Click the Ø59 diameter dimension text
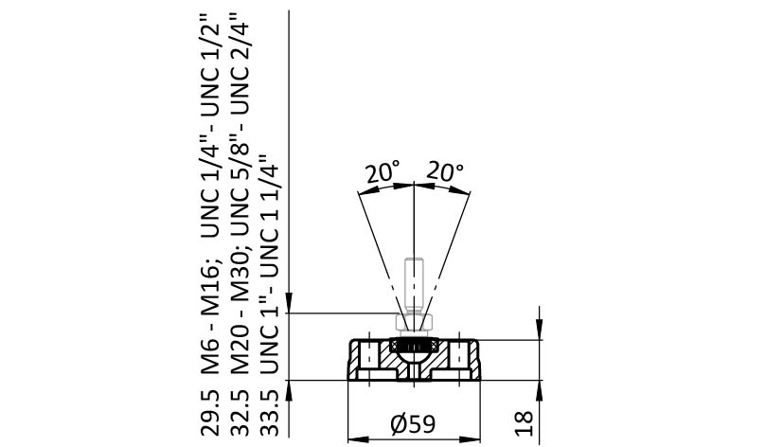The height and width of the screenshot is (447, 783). pyautogui.click(x=413, y=424)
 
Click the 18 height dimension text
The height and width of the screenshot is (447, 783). pyautogui.click(x=524, y=423)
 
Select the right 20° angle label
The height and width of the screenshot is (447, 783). pyautogui.click(x=445, y=171)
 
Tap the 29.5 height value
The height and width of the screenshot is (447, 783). pyautogui.click(x=210, y=412)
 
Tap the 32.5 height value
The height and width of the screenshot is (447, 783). pyautogui.click(x=240, y=412)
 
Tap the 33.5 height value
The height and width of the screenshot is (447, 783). pyautogui.click(x=270, y=412)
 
